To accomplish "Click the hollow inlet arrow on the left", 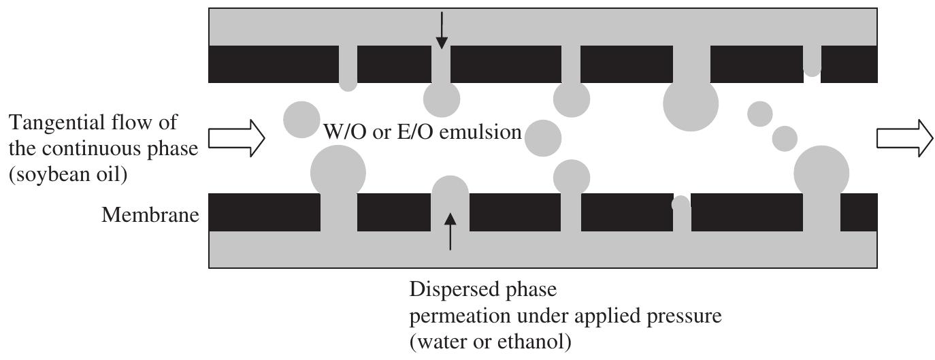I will [x=235, y=139].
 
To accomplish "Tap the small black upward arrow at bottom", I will [x=450, y=232].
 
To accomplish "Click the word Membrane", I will [x=150, y=216].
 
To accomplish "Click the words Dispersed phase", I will [x=482, y=289].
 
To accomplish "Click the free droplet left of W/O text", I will [x=301, y=119].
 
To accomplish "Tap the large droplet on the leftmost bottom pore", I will [x=338, y=172].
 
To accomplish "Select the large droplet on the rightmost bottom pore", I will [x=821, y=171].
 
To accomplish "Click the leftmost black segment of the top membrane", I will [x=273, y=64].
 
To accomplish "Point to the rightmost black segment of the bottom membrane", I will [x=859, y=212].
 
